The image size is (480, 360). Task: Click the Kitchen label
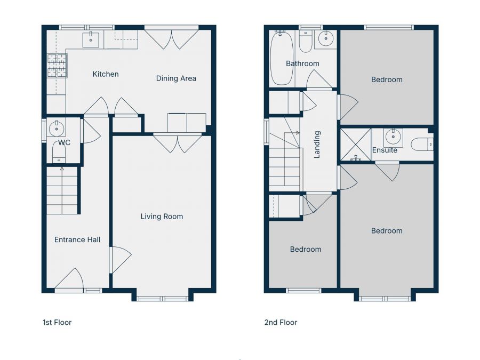click(x=106, y=74)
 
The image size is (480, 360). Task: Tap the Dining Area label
click(x=176, y=78)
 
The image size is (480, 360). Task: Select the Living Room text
click(x=162, y=217)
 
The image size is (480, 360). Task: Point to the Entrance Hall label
click(x=77, y=239)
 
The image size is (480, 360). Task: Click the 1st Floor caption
click(x=57, y=322)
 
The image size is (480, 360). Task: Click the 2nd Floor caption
click(x=281, y=322)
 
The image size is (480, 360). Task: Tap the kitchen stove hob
click(x=57, y=66)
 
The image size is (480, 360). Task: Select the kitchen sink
click(x=91, y=40)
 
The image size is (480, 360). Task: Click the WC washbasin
click(x=57, y=129)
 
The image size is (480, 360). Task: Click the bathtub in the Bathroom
click(x=282, y=58)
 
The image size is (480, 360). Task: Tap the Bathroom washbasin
click(x=326, y=38)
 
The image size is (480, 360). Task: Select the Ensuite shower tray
click(x=356, y=144)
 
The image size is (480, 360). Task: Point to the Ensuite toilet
click(x=422, y=144)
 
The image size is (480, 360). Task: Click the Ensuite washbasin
click(x=393, y=136)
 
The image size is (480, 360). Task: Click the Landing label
click(x=317, y=145)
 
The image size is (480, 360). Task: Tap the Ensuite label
click(x=385, y=150)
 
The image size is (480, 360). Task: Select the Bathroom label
click(x=302, y=63)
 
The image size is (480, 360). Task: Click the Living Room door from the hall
click(x=120, y=260)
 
